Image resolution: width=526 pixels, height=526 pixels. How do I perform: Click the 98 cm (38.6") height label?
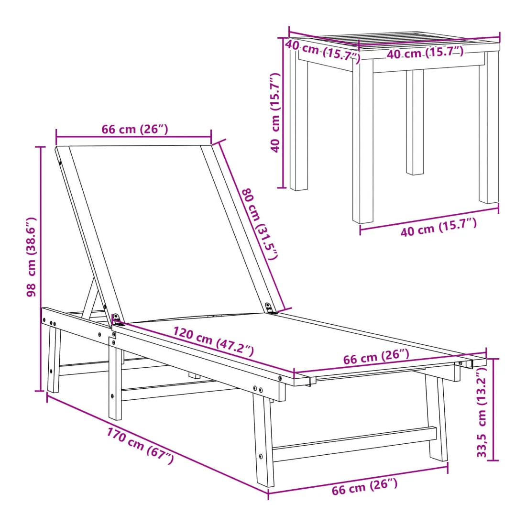point(31,257)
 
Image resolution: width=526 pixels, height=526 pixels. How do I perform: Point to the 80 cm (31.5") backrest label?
point(260,223)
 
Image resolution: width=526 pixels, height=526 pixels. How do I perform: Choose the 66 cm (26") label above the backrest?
point(134,129)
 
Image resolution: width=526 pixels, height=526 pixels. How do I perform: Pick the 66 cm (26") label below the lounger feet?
point(364,487)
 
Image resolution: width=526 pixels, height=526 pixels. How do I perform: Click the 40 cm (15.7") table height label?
point(275,112)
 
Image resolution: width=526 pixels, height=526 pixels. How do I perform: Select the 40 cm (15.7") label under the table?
point(438,227)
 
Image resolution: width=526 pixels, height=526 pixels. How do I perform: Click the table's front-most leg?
point(362,141)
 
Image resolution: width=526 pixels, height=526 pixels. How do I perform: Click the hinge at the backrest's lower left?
point(117,319)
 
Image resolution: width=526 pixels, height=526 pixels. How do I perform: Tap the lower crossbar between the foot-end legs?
point(354,443)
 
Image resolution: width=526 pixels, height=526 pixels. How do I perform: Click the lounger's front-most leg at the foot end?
point(263,439)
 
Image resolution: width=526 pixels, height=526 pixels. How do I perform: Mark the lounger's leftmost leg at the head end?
point(54,360)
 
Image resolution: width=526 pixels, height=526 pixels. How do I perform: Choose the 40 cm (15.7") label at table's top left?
point(323,51)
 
